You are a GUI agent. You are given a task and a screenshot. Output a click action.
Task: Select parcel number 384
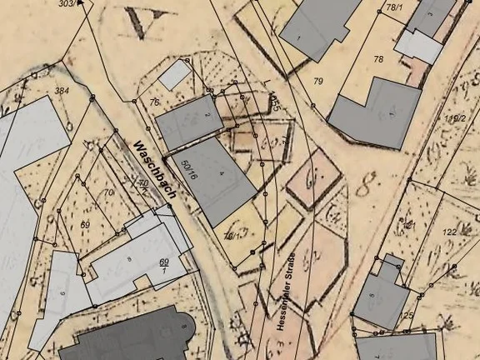61,90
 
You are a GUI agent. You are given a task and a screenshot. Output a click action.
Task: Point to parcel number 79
317,81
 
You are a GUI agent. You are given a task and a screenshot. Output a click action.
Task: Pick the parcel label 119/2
455,119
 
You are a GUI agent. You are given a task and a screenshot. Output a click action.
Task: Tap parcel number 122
449,232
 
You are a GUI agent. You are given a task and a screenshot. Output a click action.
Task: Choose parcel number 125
407,315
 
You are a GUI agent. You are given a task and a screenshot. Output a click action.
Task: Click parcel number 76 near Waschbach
154,102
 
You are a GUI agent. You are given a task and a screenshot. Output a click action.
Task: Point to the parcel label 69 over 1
164,267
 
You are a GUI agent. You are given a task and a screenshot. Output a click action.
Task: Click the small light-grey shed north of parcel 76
175,75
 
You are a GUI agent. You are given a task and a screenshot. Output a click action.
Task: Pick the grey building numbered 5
431,16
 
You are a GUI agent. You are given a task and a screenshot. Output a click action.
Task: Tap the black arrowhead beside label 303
80,3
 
